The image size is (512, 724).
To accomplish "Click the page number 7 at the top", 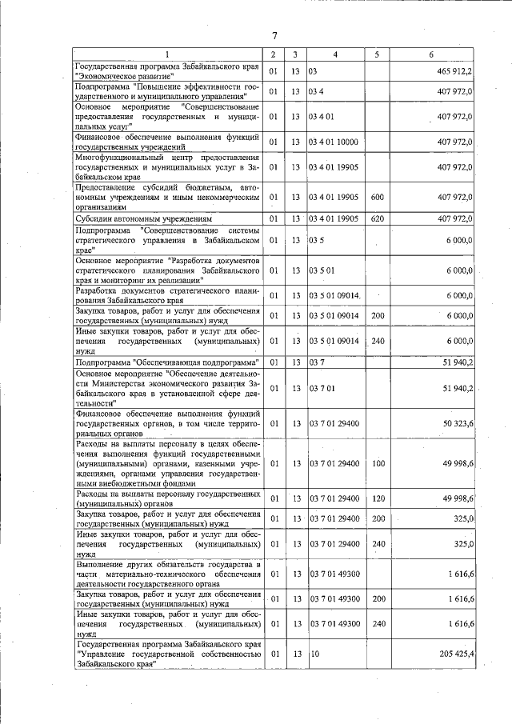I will (x=274, y=35).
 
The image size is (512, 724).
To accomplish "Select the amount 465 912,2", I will (x=455, y=71).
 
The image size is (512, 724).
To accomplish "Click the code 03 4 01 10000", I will (x=335, y=142).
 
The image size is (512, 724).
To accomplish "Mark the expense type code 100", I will (x=378, y=463).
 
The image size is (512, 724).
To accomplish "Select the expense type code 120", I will (x=378, y=499).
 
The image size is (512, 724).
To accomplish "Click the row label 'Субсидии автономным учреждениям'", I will (x=143, y=218).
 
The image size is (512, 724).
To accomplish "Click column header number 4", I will (x=335, y=54).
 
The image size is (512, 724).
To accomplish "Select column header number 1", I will (x=167, y=54).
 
